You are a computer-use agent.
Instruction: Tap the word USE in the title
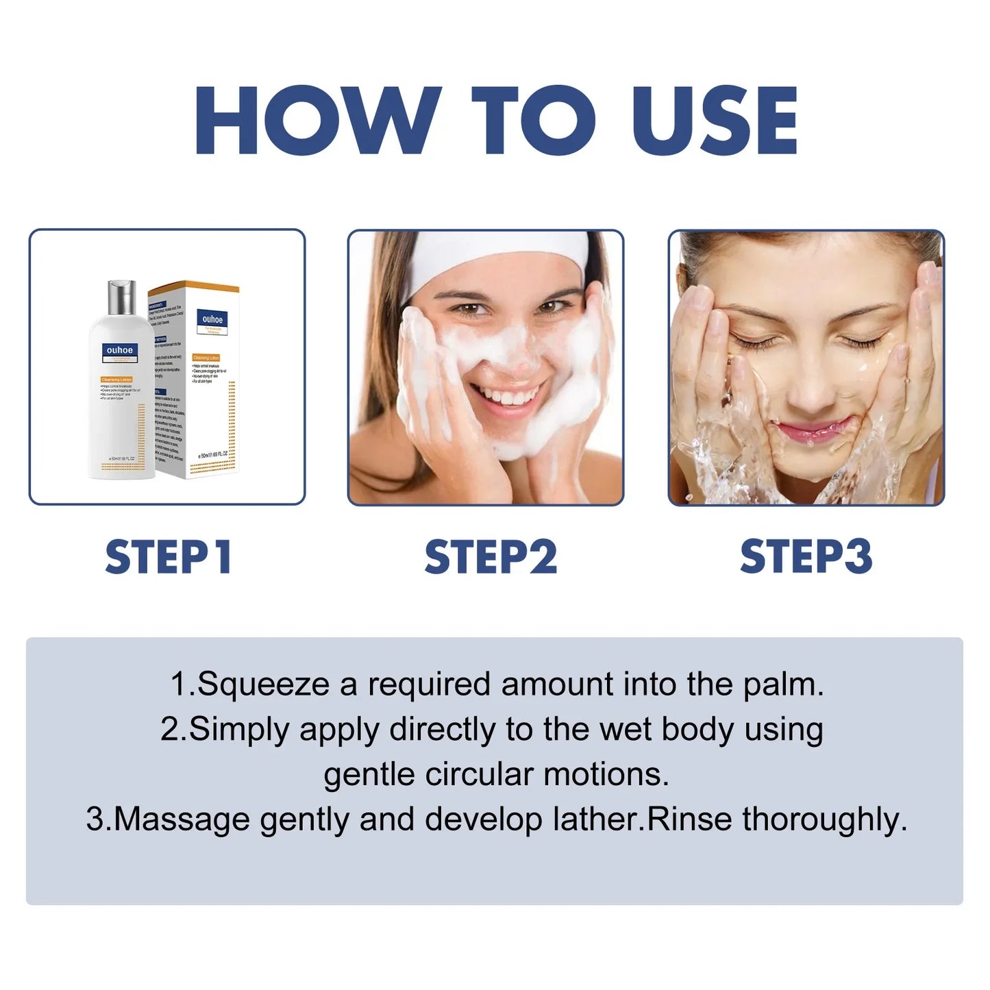pos(713,121)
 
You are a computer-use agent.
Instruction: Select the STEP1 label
pos(169,556)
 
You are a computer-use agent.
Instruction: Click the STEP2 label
pos(491,556)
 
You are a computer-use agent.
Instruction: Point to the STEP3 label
pos(806,556)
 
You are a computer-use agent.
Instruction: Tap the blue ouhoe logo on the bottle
pos(120,351)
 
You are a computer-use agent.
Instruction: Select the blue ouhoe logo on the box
pos(212,319)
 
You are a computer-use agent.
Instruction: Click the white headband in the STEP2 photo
pos(493,264)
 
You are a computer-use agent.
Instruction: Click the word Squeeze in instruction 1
pos(263,685)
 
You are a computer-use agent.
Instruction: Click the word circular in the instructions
pos(479,775)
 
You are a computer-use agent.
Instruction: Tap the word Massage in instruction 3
pos(182,819)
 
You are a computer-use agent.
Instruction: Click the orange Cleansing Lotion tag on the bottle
pos(116,379)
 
